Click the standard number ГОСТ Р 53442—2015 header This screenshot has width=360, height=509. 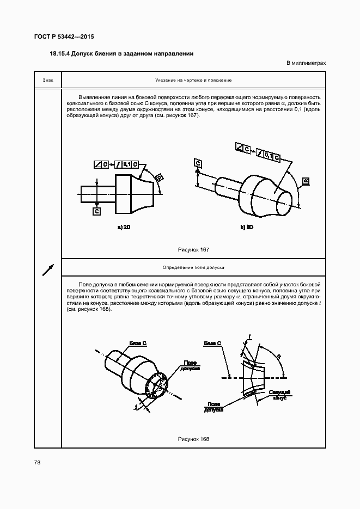click(64, 37)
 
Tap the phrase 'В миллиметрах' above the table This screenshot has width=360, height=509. click(306, 64)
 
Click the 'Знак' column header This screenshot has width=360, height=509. click(47, 80)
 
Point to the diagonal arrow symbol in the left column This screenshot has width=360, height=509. click(48, 269)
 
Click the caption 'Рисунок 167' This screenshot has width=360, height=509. click(193, 249)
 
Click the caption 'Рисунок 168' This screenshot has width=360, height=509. click(193, 439)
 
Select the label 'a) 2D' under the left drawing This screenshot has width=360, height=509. click(124, 227)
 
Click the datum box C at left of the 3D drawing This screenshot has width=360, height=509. click(198, 163)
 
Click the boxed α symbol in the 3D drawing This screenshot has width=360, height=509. click(306, 181)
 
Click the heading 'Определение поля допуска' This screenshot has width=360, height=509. click(193, 268)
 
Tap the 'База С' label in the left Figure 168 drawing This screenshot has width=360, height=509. click(138, 344)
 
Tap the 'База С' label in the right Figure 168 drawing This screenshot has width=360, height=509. click(212, 344)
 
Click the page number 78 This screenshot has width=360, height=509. click(37, 462)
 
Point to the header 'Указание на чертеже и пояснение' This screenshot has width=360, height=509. click(193, 80)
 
